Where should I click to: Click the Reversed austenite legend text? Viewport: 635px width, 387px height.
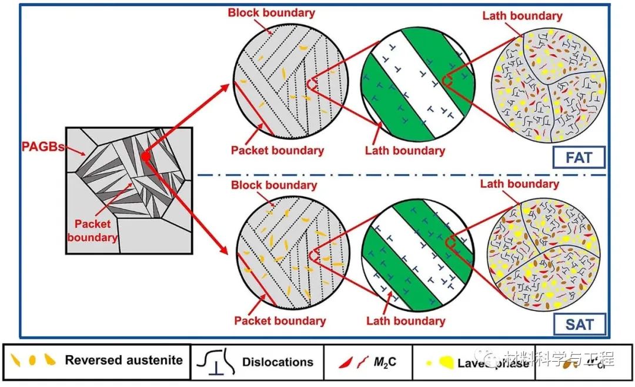(124, 360)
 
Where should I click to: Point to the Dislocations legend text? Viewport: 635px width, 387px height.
(278, 362)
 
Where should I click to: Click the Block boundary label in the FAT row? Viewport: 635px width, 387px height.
(272, 12)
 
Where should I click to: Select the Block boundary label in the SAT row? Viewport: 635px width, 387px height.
(275, 185)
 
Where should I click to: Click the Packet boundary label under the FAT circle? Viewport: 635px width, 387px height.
(277, 150)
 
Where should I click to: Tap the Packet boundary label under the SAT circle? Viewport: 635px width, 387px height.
(280, 321)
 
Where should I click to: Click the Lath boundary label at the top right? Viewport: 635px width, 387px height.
(522, 16)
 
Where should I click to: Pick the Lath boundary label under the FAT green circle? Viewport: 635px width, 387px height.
(405, 151)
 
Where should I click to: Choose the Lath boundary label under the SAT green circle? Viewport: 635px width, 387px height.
(406, 321)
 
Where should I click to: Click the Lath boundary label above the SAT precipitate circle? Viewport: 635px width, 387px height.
(520, 184)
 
